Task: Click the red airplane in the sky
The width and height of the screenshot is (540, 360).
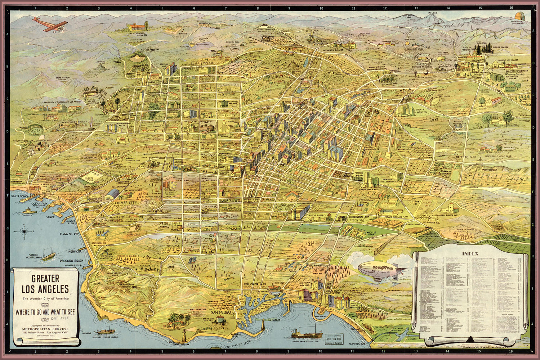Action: (x=51, y=24)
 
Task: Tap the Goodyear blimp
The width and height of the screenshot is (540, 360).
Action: (x=382, y=270)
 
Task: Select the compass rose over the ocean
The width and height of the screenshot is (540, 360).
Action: (x=24, y=231)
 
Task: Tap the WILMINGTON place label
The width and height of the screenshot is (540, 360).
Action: (x=254, y=284)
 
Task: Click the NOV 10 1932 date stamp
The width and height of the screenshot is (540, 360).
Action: (x=333, y=338)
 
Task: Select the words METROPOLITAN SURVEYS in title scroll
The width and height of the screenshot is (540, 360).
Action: (x=45, y=329)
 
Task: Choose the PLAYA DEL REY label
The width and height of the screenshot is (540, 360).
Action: (x=69, y=234)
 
